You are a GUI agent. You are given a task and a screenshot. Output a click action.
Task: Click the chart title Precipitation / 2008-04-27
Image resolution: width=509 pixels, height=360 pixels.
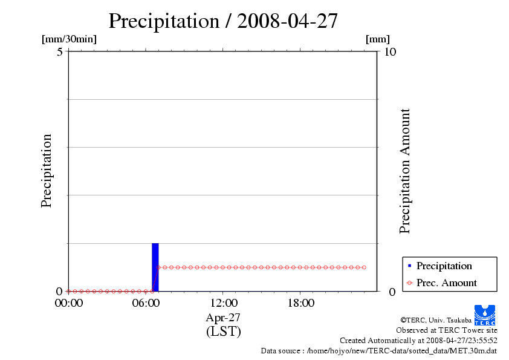(223, 21)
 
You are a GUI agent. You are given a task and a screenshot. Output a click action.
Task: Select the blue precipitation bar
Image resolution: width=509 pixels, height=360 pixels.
(155, 267)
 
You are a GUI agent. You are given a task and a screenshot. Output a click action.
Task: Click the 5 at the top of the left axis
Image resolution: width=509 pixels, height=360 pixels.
(60, 52)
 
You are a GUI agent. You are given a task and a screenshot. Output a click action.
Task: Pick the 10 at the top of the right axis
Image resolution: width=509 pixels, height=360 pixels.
(390, 52)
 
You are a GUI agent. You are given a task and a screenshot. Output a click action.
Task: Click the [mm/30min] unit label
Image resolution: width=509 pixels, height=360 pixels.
(69, 39)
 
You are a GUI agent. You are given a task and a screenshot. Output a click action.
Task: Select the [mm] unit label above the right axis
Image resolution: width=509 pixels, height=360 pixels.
(378, 39)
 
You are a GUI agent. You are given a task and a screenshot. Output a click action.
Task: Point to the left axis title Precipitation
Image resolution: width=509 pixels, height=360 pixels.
(47, 171)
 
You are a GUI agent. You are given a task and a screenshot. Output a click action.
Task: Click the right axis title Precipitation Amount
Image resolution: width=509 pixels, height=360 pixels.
(405, 171)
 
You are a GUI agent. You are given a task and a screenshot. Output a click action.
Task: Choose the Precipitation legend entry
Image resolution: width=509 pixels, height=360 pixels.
(444, 266)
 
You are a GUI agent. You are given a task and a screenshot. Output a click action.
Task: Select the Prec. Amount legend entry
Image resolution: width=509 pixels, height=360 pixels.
(446, 283)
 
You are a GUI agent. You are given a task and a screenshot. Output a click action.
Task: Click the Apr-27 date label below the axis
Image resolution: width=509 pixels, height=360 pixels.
(223, 318)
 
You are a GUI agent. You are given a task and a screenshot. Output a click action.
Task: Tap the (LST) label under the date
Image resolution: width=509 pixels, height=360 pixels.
(223, 332)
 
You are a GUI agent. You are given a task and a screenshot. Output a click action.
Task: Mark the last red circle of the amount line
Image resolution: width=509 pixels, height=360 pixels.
(365, 267)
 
